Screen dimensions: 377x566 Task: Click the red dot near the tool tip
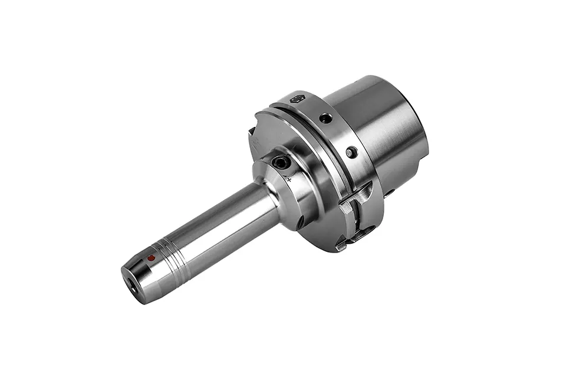tap(152, 258)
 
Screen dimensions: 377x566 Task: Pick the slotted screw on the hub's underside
tap(300, 222)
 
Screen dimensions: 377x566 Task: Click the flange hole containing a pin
tap(351, 152)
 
